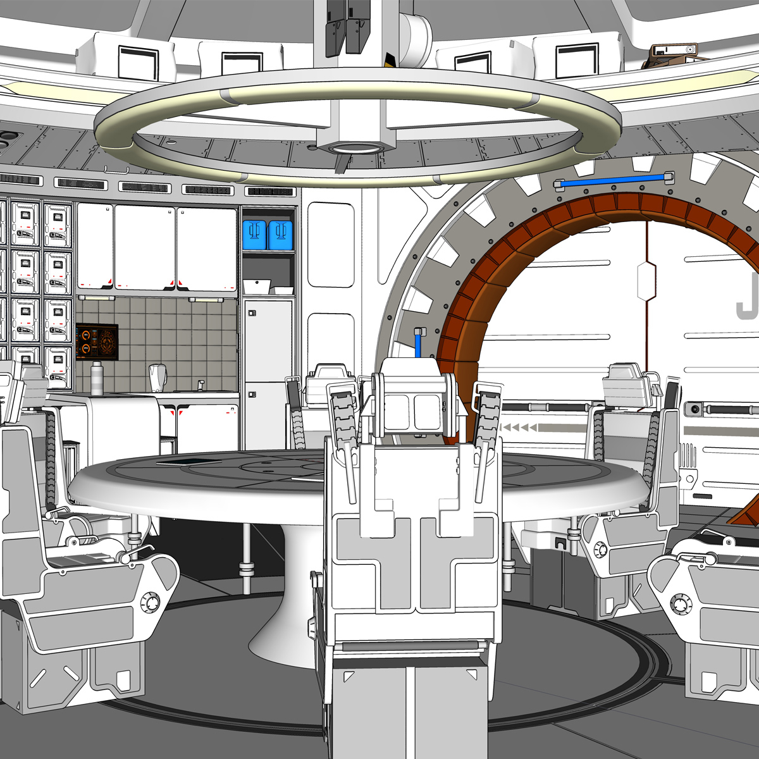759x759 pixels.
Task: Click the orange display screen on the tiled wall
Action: [x=97, y=342]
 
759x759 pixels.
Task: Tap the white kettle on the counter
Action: [x=157, y=378]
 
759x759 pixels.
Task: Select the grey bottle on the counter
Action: [x=97, y=378]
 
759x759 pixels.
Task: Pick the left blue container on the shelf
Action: [x=255, y=235]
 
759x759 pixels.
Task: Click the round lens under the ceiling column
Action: [x=355, y=147]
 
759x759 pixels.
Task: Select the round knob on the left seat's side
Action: [x=150, y=602]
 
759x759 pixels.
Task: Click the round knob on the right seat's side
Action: [x=682, y=602]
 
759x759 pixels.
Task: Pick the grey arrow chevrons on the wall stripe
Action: [x=519, y=429]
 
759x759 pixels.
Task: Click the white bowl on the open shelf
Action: [x=259, y=287]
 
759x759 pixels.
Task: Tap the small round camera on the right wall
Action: [x=695, y=409]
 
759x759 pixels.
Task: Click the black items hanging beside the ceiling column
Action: [x=345, y=25]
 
